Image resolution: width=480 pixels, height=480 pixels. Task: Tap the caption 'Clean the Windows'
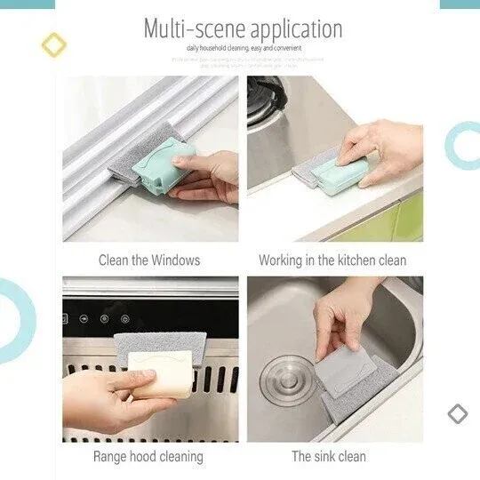149,260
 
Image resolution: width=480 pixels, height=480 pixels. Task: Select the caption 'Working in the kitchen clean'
332,260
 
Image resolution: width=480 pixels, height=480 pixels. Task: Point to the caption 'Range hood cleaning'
148,457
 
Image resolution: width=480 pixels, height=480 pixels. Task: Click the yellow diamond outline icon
54,44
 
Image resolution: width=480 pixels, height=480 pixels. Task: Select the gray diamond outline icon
457,413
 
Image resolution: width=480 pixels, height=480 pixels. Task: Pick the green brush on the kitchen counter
332,176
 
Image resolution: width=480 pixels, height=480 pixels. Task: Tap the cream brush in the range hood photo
160,372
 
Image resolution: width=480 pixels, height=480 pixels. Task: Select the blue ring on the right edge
463,147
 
